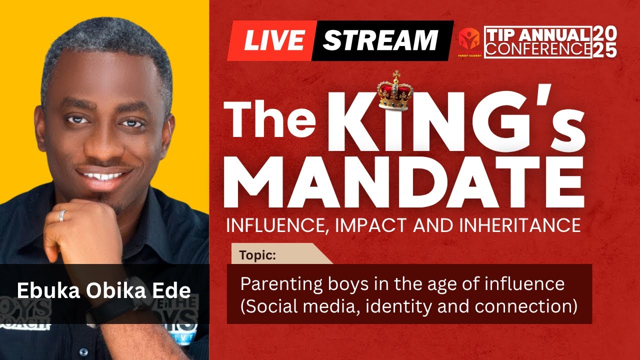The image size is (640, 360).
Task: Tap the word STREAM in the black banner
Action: click(380, 40)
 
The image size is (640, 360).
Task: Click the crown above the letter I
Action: click(395, 91)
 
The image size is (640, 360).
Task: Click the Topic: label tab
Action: click(258, 255)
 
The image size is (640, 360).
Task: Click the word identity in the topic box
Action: click(400, 305)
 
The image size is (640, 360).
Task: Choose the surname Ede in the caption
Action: click(174, 290)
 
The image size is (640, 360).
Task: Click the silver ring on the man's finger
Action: click(62, 215)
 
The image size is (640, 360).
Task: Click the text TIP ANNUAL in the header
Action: click(538, 35)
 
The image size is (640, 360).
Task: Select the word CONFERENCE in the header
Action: click(538, 49)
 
